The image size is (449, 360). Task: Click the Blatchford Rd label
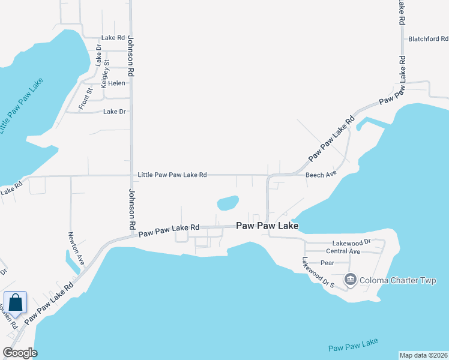coord(427,39)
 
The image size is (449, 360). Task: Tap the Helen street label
coord(116,83)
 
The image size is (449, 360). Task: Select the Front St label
coord(86,99)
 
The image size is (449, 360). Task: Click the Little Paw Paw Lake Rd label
coord(172,175)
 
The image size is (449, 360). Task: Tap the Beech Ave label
coord(322,175)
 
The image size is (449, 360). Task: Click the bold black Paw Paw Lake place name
coord(267,226)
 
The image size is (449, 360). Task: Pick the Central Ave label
coord(343,251)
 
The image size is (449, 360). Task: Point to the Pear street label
coord(327,263)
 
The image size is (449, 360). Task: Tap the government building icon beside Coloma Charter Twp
coord(350,279)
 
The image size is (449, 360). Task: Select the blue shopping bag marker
coord(15,303)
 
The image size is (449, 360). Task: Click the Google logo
coord(20,353)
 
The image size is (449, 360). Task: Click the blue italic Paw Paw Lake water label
coord(354,345)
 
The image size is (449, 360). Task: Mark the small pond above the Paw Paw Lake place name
coord(228,203)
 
